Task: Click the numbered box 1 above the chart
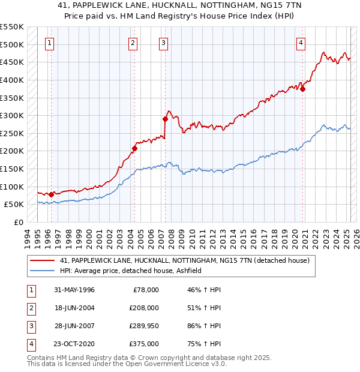[49, 43]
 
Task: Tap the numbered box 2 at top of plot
[133, 43]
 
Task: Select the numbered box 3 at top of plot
[163, 43]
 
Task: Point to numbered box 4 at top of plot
[301, 43]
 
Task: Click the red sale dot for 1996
[51, 194]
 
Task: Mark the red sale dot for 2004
[135, 148]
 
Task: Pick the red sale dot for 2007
[165, 119]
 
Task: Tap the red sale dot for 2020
[303, 89]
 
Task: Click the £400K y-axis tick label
[11, 80]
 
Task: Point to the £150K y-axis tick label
[11, 169]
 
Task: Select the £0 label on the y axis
[18, 222]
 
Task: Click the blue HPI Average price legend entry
[133, 271]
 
